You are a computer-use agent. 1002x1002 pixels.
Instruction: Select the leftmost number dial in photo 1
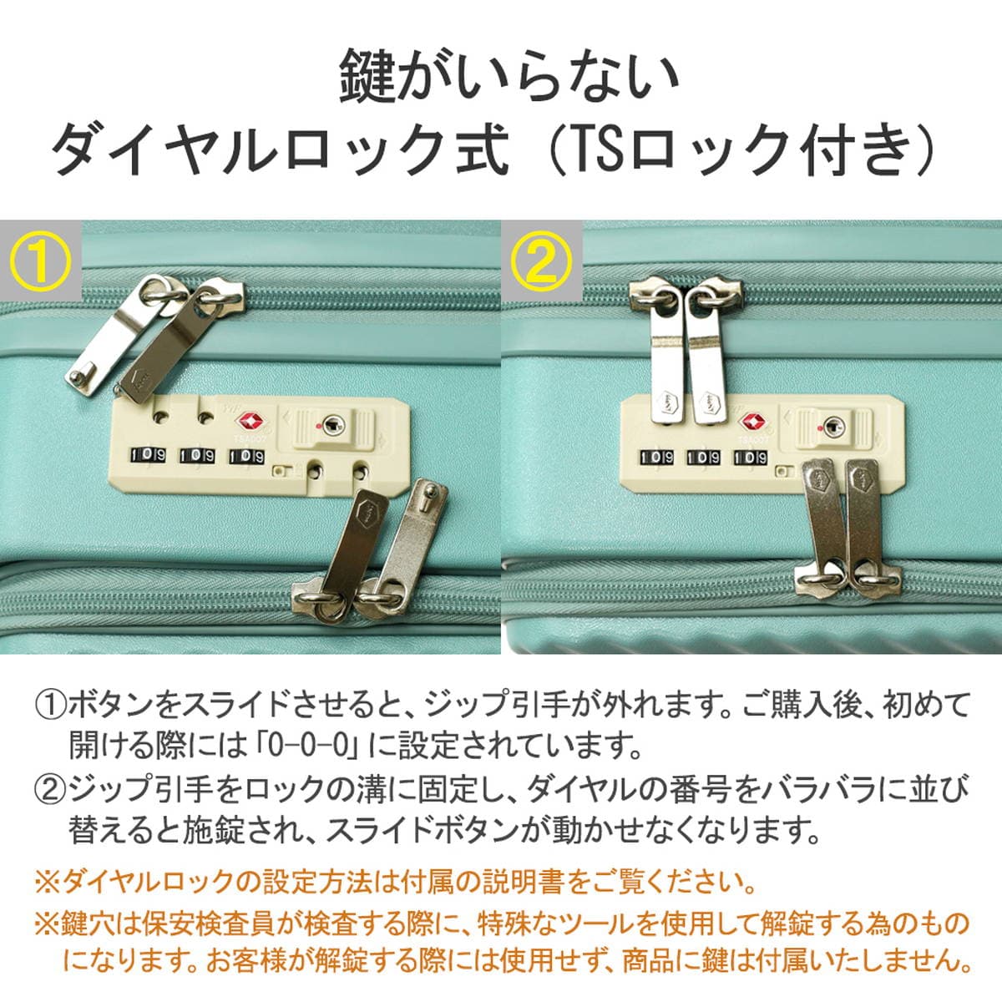147,456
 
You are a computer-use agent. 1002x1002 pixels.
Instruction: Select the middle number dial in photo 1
197,456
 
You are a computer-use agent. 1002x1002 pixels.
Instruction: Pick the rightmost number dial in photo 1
246,457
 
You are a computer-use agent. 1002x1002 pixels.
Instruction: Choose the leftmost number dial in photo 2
656,458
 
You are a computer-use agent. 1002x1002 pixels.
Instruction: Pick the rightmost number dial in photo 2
751,458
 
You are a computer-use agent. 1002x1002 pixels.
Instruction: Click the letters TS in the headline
592,152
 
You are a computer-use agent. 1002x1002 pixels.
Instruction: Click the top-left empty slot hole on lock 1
161,417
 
